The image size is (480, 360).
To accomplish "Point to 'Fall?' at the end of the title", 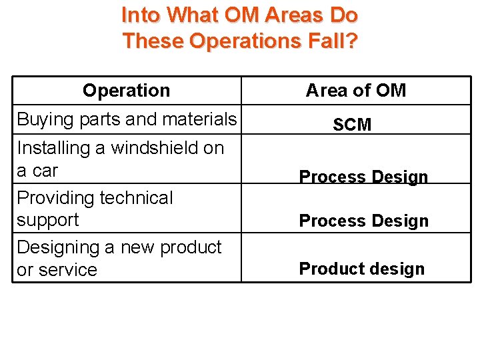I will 334,41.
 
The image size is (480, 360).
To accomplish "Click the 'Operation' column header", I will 126,91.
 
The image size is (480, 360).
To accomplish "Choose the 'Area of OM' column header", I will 355,91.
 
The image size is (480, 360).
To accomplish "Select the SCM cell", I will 352,125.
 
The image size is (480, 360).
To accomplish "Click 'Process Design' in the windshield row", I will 363,177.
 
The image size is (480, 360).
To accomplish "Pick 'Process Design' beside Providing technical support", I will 363,221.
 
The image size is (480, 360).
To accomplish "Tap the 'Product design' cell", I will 361,269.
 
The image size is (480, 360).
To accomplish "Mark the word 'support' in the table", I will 47,220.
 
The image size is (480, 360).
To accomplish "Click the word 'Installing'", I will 53,147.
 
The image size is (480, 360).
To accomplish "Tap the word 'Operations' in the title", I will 245,41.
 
